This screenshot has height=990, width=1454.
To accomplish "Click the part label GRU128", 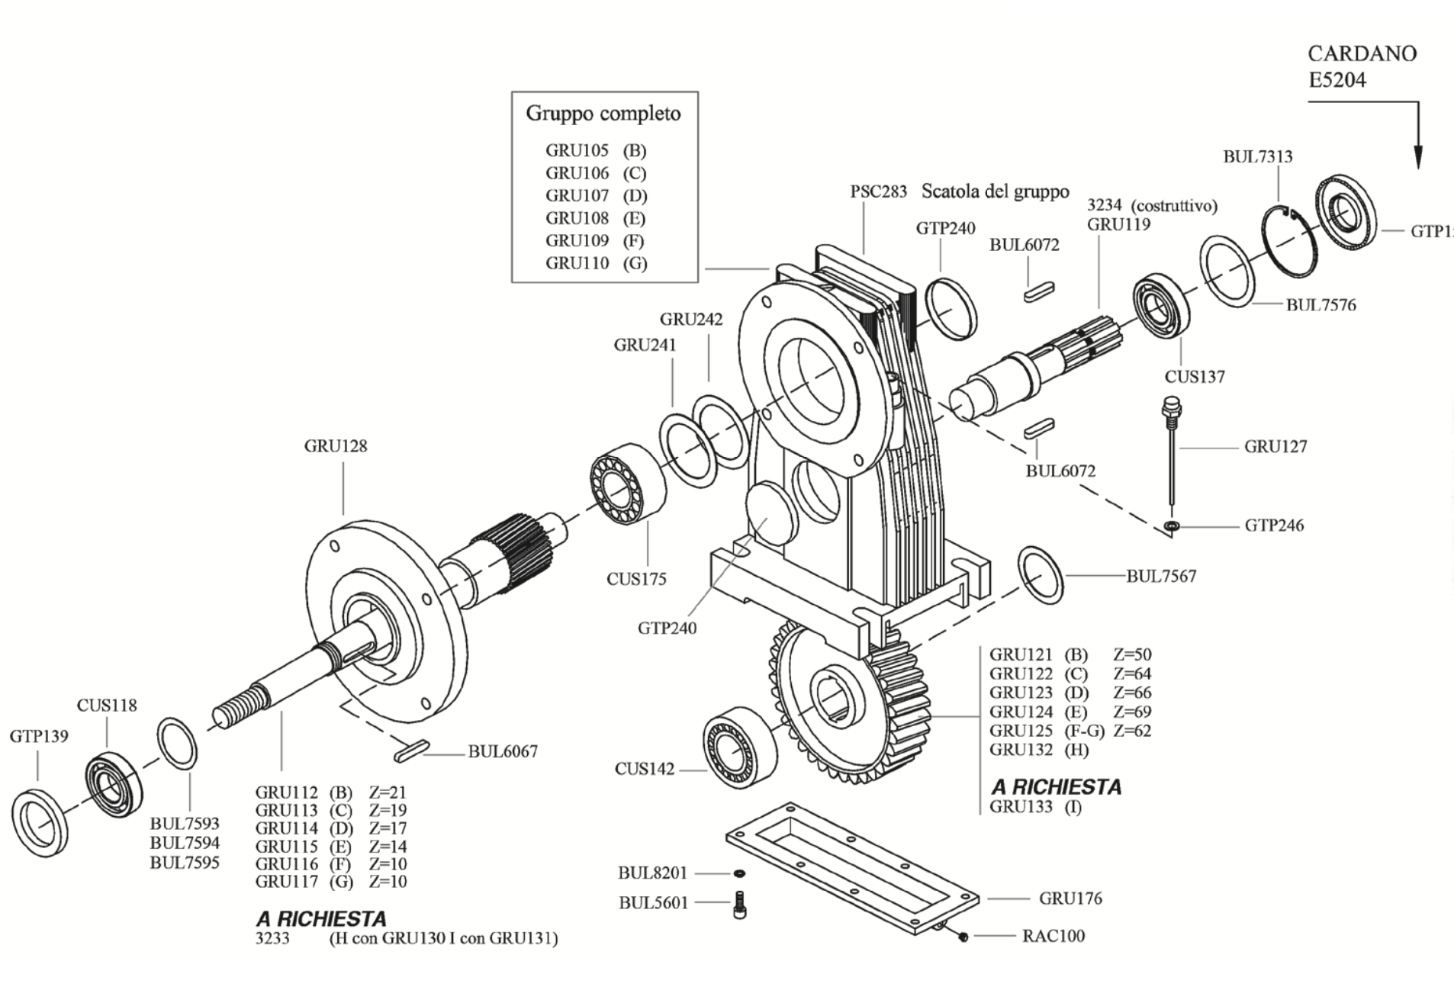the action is (336, 446).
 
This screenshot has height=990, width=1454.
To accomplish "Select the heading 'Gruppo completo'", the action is (603, 114).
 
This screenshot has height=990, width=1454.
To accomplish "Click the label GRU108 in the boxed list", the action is (577, 218).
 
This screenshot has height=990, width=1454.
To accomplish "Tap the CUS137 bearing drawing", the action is (1161, 305).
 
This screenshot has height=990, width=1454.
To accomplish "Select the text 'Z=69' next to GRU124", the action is (1132, 712).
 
